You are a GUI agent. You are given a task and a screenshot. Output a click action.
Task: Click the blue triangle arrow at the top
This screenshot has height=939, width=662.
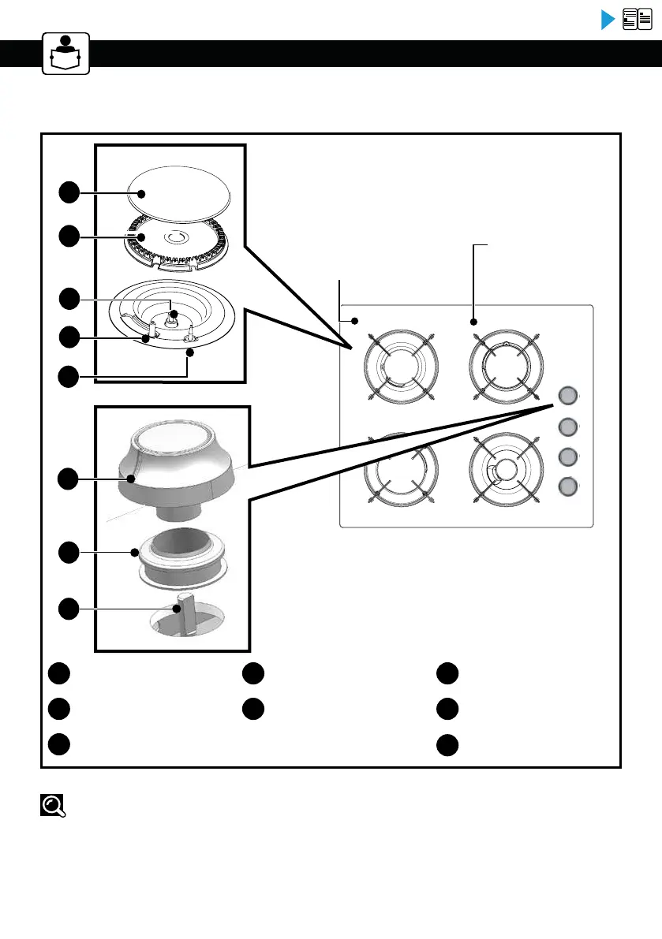point(608,20)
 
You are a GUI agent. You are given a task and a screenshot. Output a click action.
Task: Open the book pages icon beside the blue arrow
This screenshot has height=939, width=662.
point(638,20)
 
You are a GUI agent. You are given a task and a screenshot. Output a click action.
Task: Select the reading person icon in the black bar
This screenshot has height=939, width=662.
point(66,54)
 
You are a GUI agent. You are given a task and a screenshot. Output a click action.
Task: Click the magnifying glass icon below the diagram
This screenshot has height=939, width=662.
point(52,805)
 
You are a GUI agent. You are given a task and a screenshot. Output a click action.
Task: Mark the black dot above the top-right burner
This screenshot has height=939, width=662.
point(474,322)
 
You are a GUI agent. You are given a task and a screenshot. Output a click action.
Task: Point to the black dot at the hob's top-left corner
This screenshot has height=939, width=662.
point(355,321)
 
